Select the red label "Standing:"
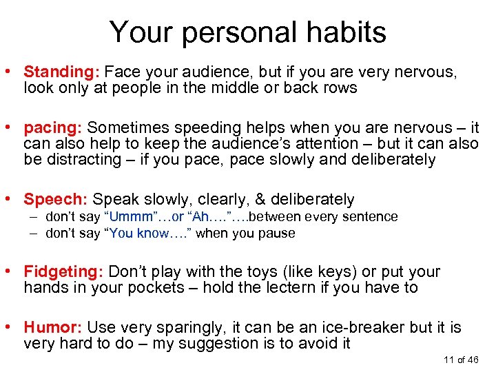[63, 71]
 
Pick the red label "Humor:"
[53, 328]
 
